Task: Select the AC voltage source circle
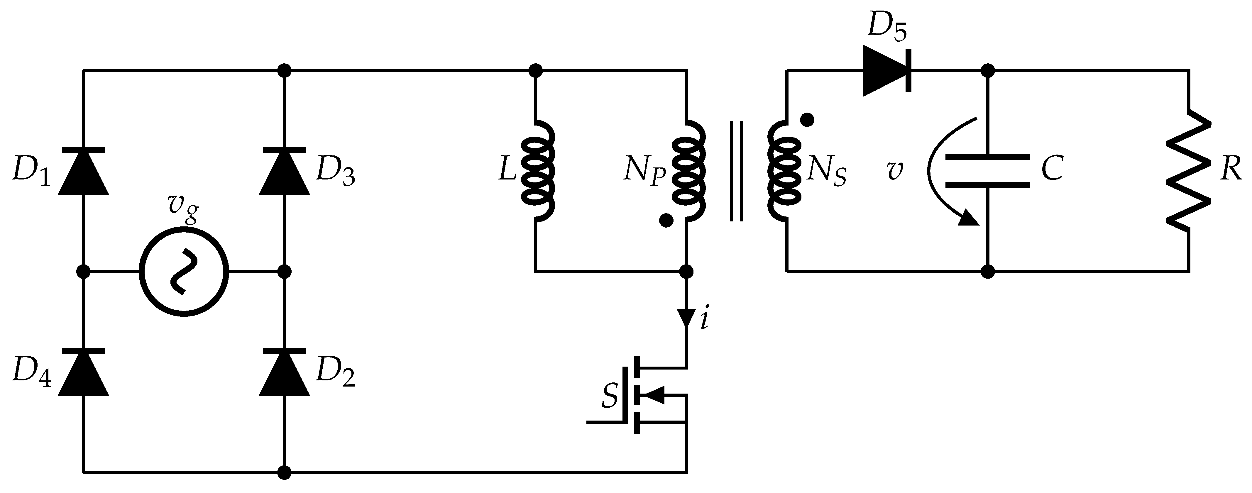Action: click(x=184, y=272)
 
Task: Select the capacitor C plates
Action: click(x=988, y=171)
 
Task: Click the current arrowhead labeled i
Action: click(x=686, y=318)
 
